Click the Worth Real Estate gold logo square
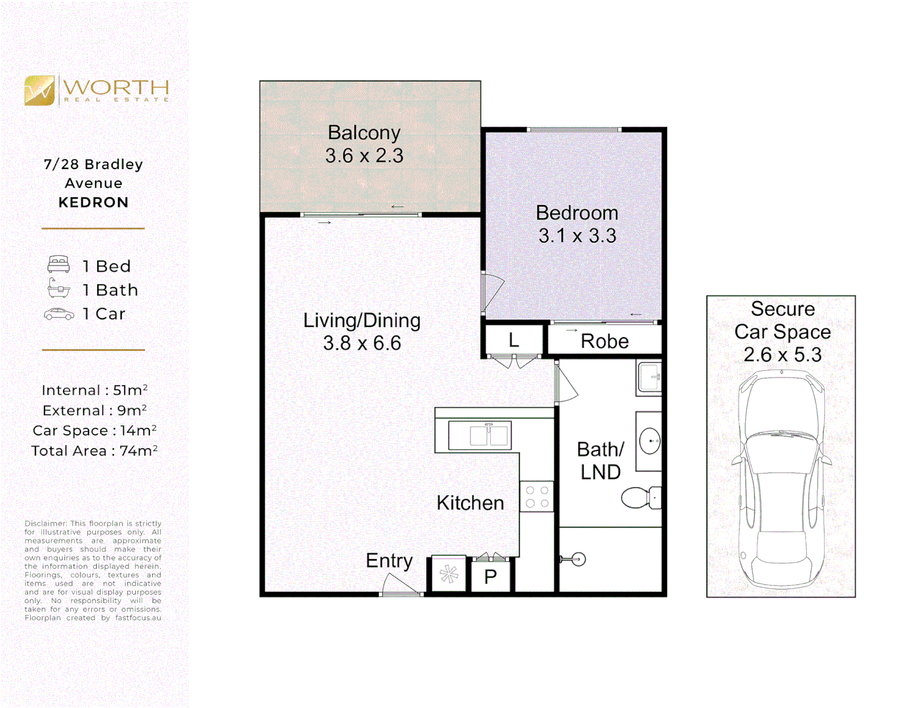(39, 90)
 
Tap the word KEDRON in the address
(93, 203)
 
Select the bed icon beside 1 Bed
(58, 265)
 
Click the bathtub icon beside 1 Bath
(58, 288)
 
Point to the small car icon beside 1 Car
(59, 314)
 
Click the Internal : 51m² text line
(94, 390)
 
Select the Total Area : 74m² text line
(94, 451)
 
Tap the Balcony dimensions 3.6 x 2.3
(364, 156)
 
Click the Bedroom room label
(577, 213)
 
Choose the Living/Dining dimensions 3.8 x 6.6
(362, 343)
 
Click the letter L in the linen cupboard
(514, 340)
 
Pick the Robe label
(604, 342)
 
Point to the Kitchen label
(470, 503)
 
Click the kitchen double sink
(480, 435)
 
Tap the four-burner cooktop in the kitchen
(537, 496)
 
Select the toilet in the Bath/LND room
(639, 498)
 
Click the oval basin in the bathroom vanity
(649, 441)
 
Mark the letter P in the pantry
(490, 577)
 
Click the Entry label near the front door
(389, 560)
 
